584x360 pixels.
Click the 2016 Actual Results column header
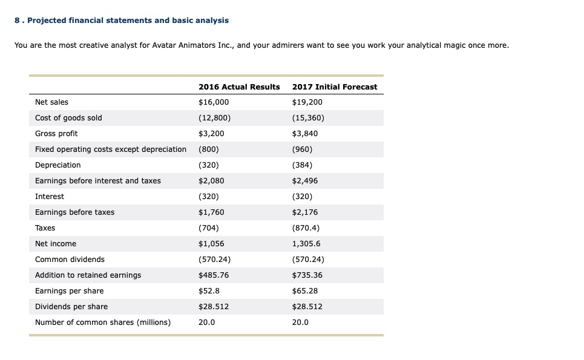239,87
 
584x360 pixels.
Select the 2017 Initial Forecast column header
334,87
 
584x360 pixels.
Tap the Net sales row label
51,102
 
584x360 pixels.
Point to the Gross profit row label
56,134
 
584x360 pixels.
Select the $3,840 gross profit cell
304,134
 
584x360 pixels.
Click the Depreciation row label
57,165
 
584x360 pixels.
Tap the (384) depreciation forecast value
303,165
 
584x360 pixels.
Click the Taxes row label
45,228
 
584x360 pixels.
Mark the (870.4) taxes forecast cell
306,228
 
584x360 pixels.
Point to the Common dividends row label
70,260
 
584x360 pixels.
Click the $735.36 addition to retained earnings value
307,275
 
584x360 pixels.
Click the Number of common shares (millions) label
102,322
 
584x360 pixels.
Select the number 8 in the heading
17,21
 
